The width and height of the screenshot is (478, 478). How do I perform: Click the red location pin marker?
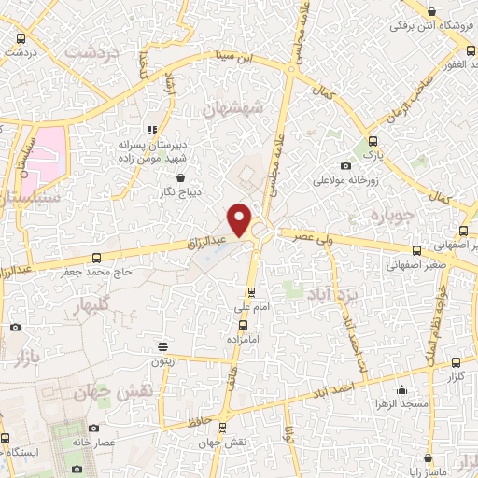tap(240, 219)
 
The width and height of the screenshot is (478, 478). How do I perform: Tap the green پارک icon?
tap(372, 142)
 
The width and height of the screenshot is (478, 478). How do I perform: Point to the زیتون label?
tap(162, 359)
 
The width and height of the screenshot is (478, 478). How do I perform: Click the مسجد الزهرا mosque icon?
tap(402, 389)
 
